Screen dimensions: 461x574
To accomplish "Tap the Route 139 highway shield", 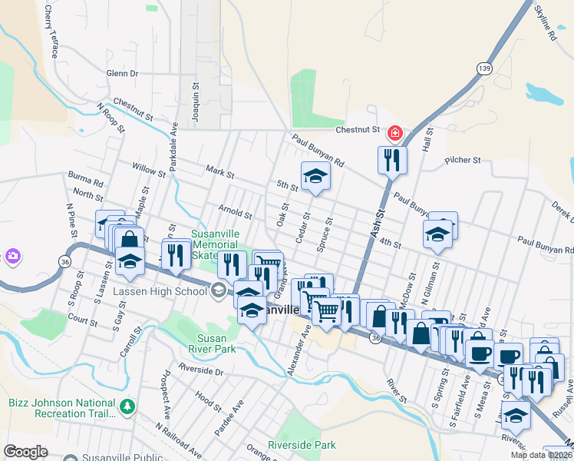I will (x=483, y=68).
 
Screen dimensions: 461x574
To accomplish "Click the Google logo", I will (x=25, y=452).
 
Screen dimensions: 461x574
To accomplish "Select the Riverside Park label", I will (x=302, y=445).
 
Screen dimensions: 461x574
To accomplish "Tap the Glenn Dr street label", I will (x=122, y=74).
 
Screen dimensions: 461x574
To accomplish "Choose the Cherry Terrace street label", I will (x=51, y=32).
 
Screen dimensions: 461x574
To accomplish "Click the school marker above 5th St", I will (x=315, y=176).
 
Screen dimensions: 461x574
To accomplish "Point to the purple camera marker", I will (x=12, y=256).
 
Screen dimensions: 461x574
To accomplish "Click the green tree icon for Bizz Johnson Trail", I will (x=129, y=405).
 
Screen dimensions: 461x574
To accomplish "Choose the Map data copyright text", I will (x=541, y=455).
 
